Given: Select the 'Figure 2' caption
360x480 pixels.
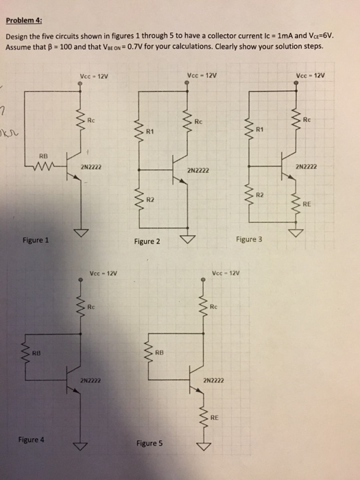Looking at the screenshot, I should pos(148,242).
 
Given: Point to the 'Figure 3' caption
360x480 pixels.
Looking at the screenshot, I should pos(249,239).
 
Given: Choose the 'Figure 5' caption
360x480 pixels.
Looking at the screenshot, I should pos(149,444).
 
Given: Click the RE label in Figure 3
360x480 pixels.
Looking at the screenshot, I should pos(306,203).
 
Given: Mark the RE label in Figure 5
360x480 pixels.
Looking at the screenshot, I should pos(214,416).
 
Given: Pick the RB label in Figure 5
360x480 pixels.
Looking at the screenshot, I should pos(159,352).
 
